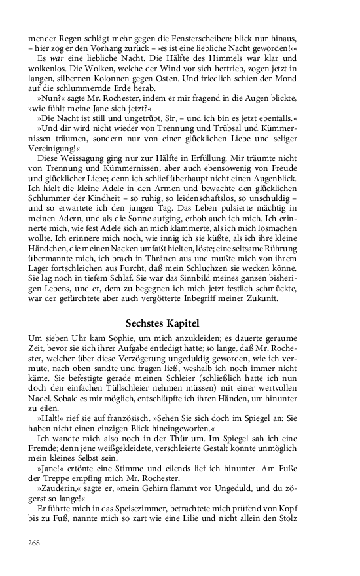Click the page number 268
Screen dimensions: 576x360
(x=36, y=542)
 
